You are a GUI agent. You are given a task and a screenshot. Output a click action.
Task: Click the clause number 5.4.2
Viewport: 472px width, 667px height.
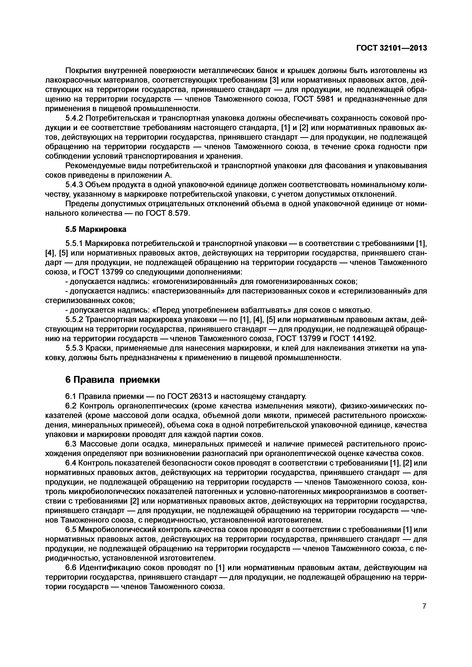point(74,118)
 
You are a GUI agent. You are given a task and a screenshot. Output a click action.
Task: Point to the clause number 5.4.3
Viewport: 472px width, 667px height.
point(74,185)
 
